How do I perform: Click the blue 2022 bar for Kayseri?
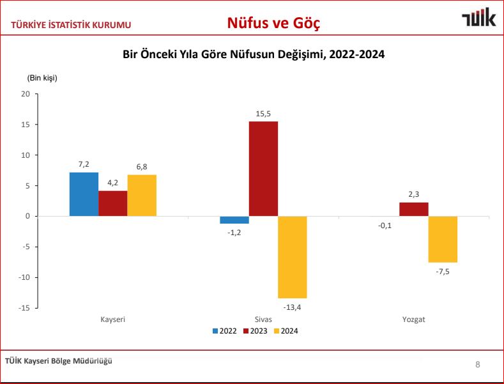click(x=84, y=194)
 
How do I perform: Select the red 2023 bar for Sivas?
click(x=263, y=169)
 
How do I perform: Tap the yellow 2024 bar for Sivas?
click(x=292, y=257)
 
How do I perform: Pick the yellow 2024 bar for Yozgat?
click(x=443, y=239)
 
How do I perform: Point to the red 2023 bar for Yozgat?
click(x=414, y=209)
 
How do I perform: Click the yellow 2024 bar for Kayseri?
click(x=142, y=196)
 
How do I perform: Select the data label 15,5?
click(x=263, y=114)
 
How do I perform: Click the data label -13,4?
click(x=292, y=307)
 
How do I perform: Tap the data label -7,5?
click(x=443, y=271)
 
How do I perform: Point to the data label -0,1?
click(x=385, y=225)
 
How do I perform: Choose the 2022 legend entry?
click(x=225, y=331)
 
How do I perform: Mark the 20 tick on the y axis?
click(x=26, y=94)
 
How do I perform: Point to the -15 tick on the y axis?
click(x=25, y=308)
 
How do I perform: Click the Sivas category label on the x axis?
click(x=263, y=319)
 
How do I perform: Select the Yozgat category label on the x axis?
click(x=414, y=319)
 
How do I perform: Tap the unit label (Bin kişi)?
click(x=42, y=78)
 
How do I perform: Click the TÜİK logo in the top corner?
click(x=478, y=19)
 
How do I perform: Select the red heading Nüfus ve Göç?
click(x=273, y=24)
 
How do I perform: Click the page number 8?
click(x=478, y=365)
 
